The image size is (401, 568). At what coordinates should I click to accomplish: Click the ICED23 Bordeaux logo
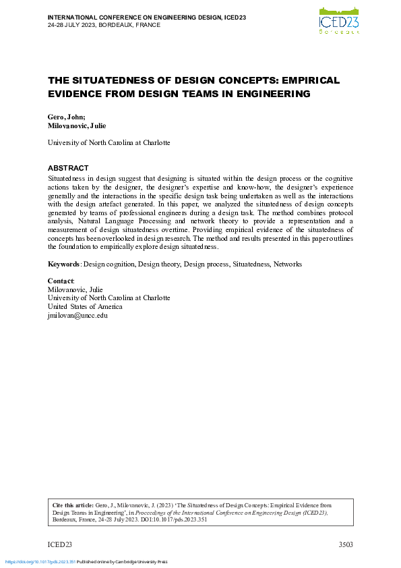[x=339, y=19]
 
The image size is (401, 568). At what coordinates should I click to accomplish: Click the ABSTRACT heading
[x=68, y=168]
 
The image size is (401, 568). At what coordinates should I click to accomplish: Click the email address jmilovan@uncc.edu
[x=78, y=315]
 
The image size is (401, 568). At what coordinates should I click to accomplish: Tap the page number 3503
[x=344, y=544]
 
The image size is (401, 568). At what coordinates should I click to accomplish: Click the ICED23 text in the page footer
[x=59, y=544]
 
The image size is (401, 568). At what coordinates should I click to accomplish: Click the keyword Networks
[x=288, y=264]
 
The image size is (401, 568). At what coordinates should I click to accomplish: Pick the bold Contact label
[x=61, y=280]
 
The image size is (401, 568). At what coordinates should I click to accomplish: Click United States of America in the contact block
[x=85, y=306]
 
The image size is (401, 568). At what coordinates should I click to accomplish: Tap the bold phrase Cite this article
[x=75, y=505]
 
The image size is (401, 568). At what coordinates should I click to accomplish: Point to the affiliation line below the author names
[x=109, y=143]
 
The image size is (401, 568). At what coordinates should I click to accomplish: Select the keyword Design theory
[x=159, y=264]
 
